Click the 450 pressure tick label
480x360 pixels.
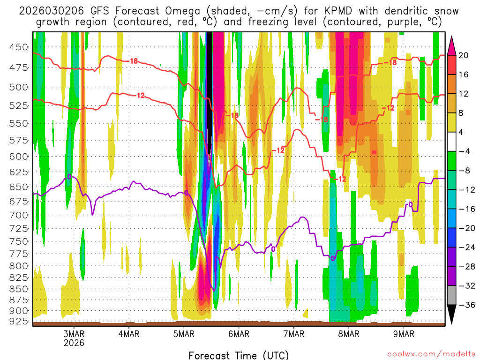coord(19,47)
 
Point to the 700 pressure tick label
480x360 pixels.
coord(19,215)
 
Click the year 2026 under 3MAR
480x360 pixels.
coord(74,343)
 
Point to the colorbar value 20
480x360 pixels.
coord(464,55)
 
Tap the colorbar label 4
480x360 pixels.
coord(464,132)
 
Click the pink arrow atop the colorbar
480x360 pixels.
coord(452,45)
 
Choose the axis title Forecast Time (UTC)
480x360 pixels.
coord(239,355)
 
